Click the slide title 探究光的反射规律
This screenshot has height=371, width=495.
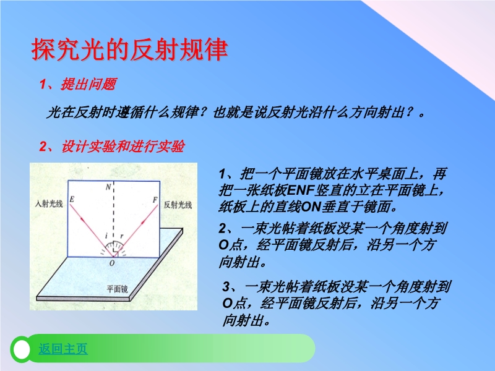pos(129,49)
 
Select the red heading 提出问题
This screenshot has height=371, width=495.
pos(88,84)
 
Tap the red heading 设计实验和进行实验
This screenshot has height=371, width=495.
pos(123,147)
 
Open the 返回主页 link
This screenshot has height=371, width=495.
pos(63,349)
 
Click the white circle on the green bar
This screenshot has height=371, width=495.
pos(22,349)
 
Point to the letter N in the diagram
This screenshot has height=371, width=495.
pos(108,187)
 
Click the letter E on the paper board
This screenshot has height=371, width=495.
pos(72,200)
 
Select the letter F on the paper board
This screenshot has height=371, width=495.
pos(155,200)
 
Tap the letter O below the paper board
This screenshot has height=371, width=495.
pos(112,263)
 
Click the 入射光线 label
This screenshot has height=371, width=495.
pos(49,204)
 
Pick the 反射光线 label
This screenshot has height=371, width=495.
pos(178,205)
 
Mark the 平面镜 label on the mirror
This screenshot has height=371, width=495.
pos(117,289)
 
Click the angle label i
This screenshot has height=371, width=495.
pos(106,236)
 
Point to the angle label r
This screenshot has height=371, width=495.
pos(121,236)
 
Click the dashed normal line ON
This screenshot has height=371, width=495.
pos(114,219)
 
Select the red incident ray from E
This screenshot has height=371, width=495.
pos(91,231)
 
